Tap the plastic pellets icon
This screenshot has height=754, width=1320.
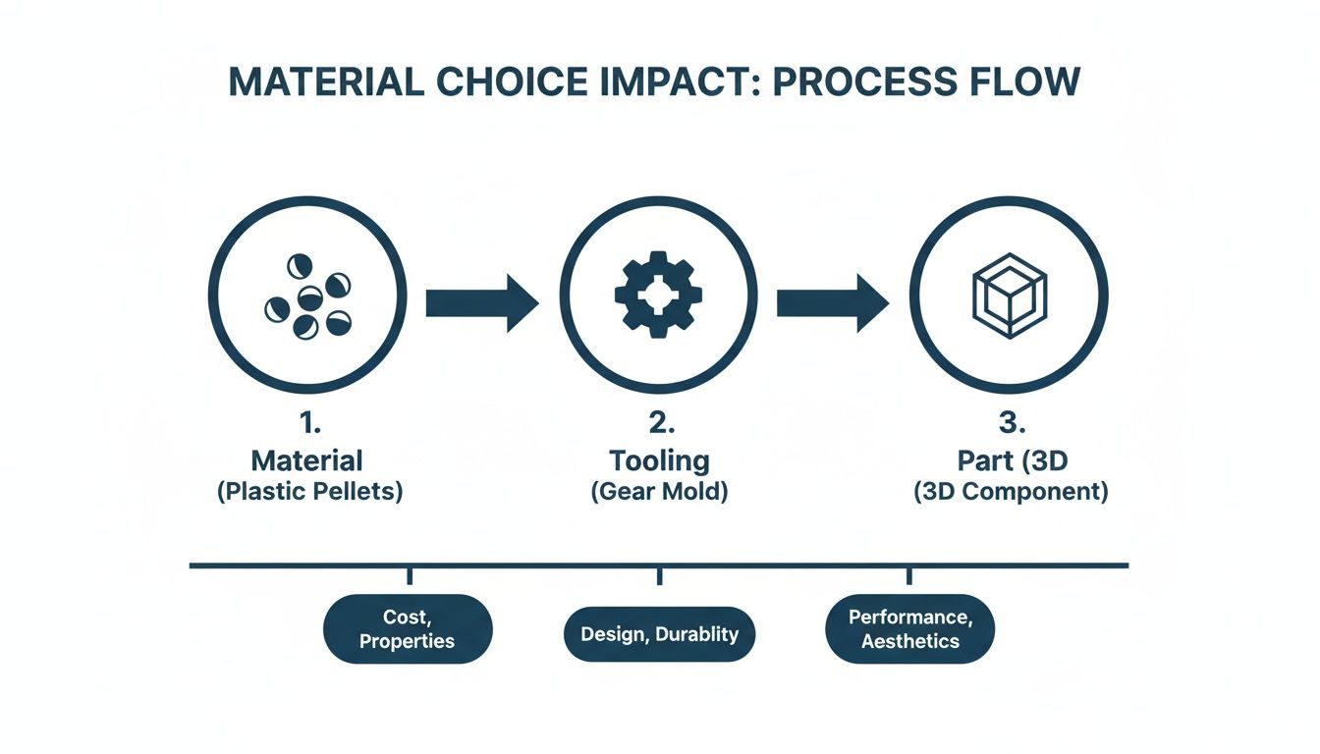[307, 296]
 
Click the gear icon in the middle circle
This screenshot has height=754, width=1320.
[658, 296]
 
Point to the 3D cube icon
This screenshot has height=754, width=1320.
[1009, 296]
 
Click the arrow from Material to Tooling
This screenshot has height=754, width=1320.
[481, 302]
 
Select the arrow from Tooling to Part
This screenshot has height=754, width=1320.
[832, 302]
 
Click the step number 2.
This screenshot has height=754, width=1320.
[658, 424]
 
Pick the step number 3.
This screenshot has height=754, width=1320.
[1009, 424]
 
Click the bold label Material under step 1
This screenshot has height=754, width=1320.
[307, 459]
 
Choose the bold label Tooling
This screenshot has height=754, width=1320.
[659, 459]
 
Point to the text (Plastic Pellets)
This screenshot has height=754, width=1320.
[309, 492]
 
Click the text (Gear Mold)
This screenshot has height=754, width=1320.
[659, 492]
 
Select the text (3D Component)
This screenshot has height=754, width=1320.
[1010, 492]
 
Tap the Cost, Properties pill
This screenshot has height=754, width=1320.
[407, 629]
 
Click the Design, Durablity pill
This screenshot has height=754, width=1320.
[659, 634]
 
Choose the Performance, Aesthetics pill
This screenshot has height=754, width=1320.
[909, 629]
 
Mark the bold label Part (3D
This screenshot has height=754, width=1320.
[1010, 459]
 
